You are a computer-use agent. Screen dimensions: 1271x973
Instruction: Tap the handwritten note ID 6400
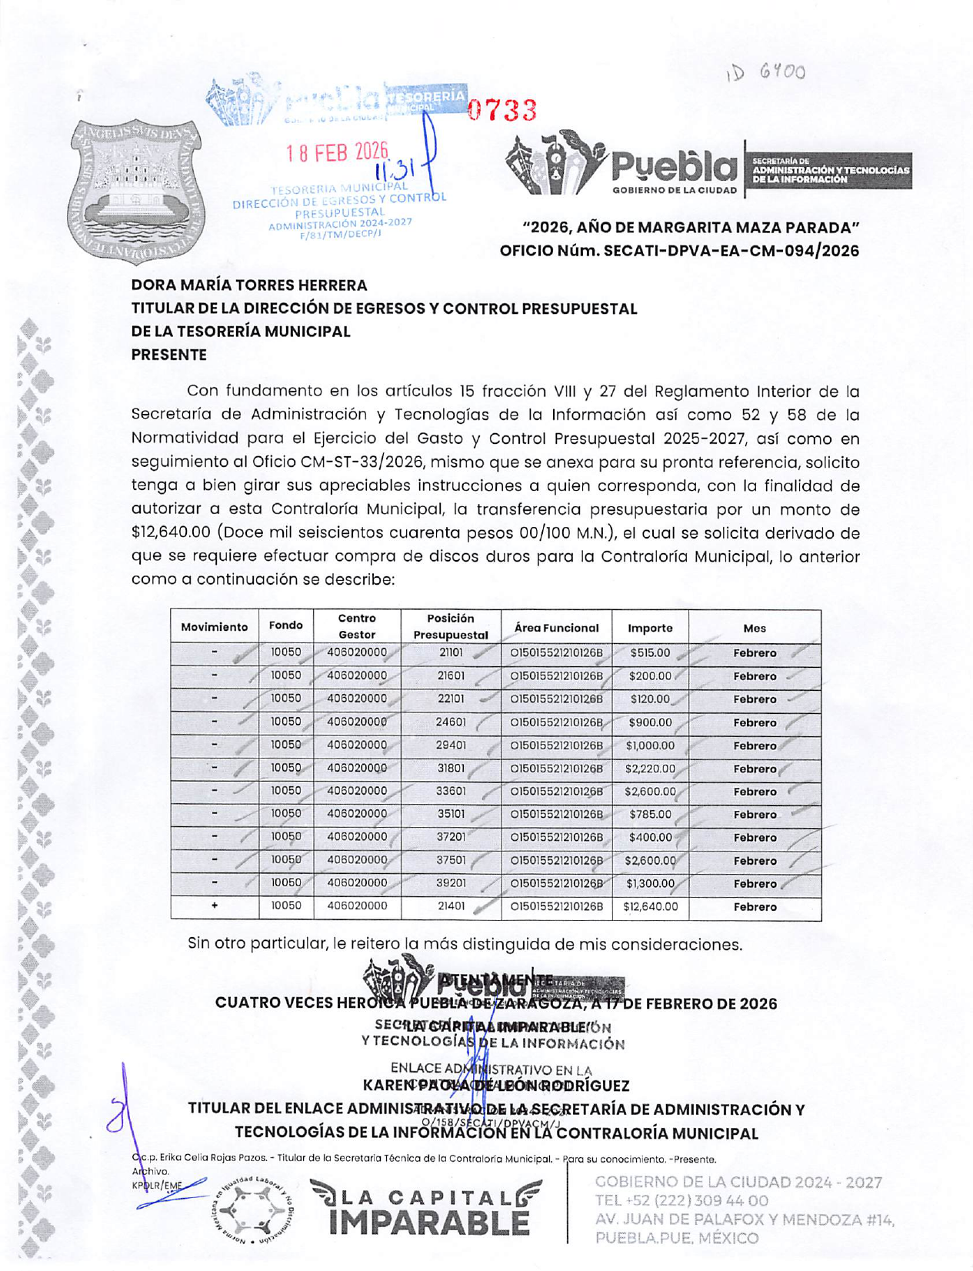pyautogui.click(x=766, y=73)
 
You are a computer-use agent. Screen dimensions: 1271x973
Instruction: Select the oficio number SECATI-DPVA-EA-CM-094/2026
pyautogui.click(x=679, y=251)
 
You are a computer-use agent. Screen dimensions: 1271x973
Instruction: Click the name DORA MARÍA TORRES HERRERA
pyautogui.click(x=249, y=285)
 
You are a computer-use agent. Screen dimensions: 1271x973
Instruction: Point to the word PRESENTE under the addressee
pyautogui.click(x=168, y=355)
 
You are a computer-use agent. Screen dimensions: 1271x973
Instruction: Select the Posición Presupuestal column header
pyautogui.click(x=450, y=627)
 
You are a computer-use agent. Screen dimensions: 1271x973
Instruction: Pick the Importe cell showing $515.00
pyautogui.click(x=650, y=653)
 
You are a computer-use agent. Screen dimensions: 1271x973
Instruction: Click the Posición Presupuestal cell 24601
pyautogui.click(x=451, y=722)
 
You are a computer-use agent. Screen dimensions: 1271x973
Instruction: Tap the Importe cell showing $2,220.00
pyautogui.click(x=650, y=769)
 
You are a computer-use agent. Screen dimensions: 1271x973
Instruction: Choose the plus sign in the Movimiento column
pyautogui.click(x=215, y=906)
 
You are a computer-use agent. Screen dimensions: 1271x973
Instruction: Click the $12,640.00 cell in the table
pyautogui.click(x=650, y=907)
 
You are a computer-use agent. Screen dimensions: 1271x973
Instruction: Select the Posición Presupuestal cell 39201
pyautogui.click(x=451, y=883)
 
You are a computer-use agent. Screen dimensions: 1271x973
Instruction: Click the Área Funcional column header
pyautogui.click(x=556, y=628)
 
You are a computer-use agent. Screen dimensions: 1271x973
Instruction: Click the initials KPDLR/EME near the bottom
pyautogui.click(x=157, y=1186)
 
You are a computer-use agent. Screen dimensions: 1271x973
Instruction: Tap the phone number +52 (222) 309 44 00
pyautogui.click(x=681, y=1201)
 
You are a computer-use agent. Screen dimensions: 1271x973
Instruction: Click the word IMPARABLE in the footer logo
pyautogui.click(x=429, y=1223)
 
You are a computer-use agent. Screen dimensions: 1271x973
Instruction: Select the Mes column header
pyautogui.click(x=755, y=628)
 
